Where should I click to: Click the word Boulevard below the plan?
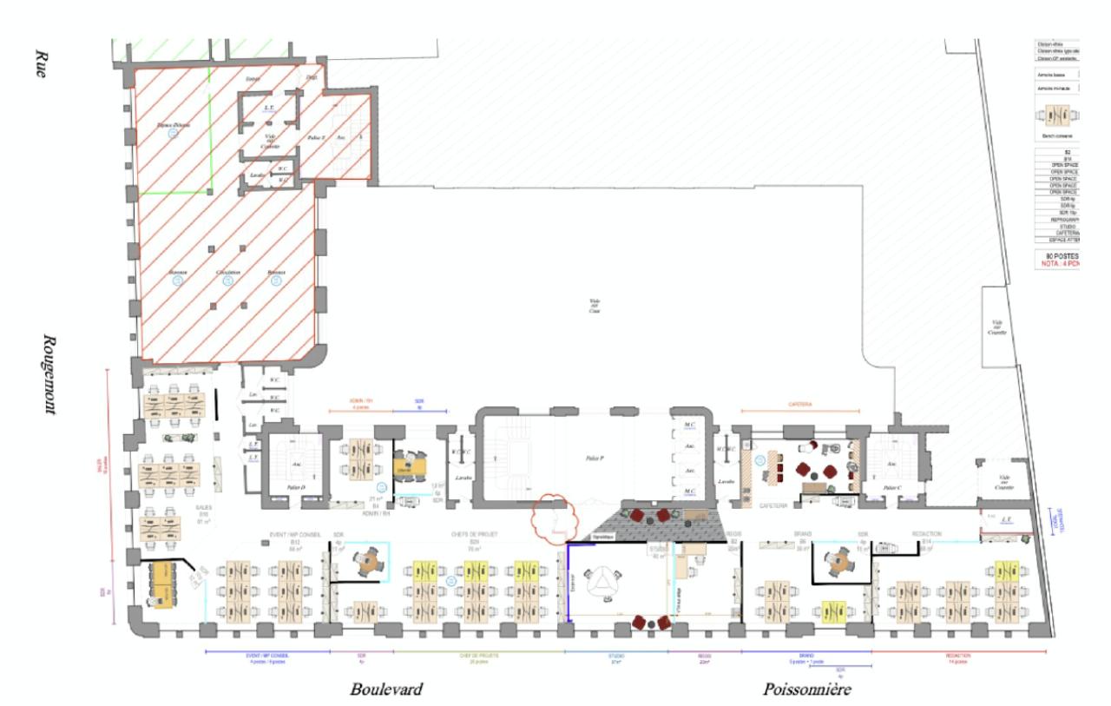point(386,690)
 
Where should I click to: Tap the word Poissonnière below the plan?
point(807,690)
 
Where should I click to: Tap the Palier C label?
point(891,488)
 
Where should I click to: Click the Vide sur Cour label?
point(595,305)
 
